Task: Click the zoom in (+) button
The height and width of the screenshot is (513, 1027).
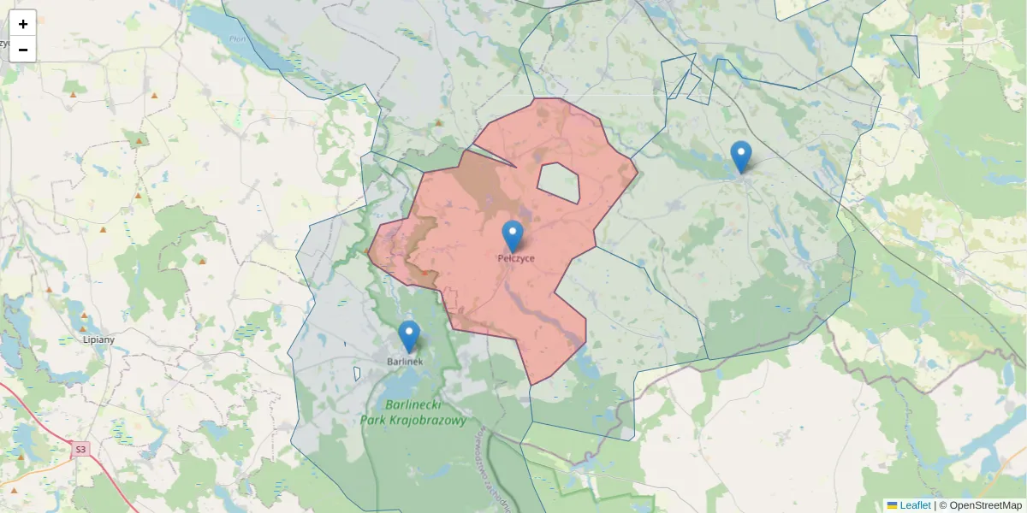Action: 22,24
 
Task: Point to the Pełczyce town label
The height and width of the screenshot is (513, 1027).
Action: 516,257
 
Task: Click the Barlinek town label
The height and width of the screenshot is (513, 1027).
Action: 405,362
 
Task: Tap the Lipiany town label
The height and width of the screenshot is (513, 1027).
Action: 99,339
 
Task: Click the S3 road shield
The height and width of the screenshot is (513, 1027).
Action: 80,449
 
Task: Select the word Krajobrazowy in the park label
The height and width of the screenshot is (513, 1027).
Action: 425,421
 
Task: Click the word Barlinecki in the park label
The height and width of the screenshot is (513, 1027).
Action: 414,405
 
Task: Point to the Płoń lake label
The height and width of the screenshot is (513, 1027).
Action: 237,38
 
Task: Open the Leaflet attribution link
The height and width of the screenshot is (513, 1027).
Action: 915,505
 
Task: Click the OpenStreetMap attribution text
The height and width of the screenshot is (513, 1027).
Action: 980,505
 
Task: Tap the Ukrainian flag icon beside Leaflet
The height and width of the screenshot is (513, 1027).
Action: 892,505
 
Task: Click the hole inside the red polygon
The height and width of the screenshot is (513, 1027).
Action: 558,181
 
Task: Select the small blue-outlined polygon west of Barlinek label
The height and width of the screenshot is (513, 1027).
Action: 357,374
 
